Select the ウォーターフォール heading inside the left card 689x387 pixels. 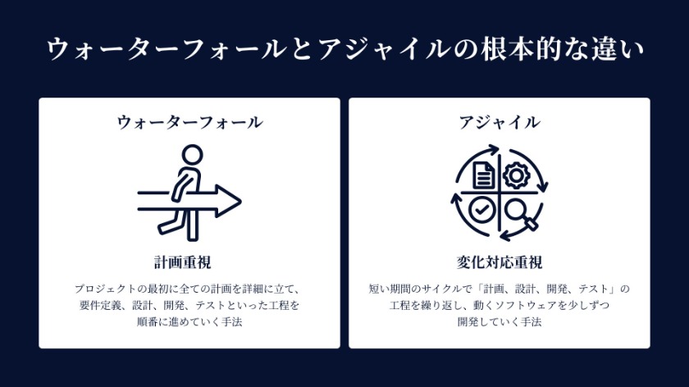[x=189, y=123]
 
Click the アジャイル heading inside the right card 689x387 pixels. [x=500, y=123]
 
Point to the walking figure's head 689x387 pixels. [x=191, y=155]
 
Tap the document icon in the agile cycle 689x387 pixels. [x=483, y=174]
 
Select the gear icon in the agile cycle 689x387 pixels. [x=516, y=175]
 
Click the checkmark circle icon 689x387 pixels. [x=482, y=210]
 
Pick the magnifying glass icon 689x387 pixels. [x=519, y=212]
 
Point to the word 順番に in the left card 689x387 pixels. [x=155, y=322]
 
